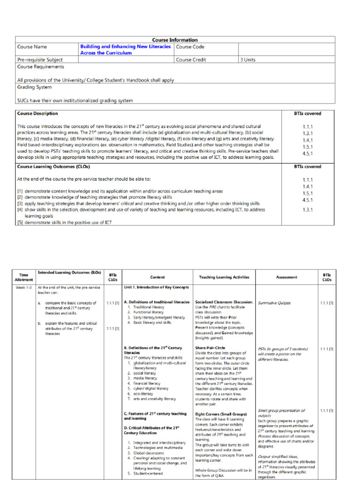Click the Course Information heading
click(x=175, y=40)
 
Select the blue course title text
click(x=125, y=50)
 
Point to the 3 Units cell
click(x=248, y=60)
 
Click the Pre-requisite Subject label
click(x=40, y=60)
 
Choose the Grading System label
click(x=34, y=87)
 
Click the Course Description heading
click(x=37, y=113)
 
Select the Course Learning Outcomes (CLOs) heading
click(x=53, y=166)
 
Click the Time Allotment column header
click(x=24, y=277)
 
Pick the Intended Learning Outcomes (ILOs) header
click(x=69, y=272)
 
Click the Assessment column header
click(x=286, y=277)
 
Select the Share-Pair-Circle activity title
click(x=210, y=348)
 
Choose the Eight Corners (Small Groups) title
click(x=221, y=414)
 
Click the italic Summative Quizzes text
click(x=274, y=303)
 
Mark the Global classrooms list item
click(x=149, y=453)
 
